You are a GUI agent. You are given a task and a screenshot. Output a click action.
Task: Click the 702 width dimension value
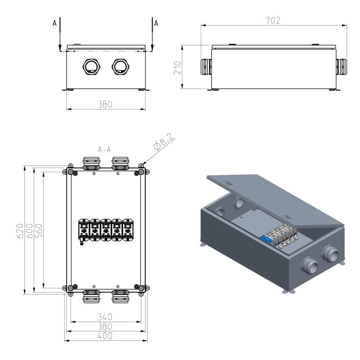click(x=273, y=20)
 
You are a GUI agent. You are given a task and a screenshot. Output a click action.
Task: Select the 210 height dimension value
click(x=177, y=67)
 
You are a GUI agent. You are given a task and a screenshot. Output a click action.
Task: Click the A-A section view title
click(x=104, y=149)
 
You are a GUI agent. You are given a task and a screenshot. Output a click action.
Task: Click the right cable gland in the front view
click(x=120, y=67)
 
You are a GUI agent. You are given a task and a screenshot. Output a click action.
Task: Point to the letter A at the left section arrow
click(x=54, y=23)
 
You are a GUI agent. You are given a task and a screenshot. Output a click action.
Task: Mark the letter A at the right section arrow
click(x=156, y=23)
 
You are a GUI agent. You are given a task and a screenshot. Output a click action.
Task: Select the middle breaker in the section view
click(x=106, y=229)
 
